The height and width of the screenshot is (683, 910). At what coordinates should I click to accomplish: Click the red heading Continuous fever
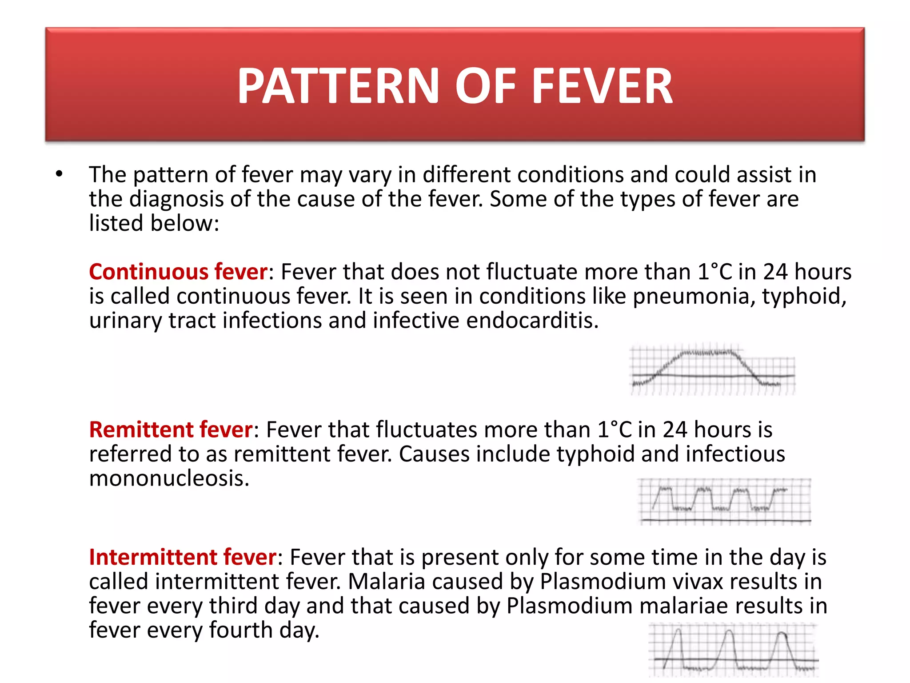tap(178, 272)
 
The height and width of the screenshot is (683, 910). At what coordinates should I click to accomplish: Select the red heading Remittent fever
tap(171, 430)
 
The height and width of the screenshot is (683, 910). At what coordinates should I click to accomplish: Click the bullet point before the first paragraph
tap(59, 174)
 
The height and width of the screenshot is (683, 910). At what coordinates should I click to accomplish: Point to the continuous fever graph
tap(712, 369)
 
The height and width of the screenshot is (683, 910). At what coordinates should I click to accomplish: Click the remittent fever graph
tap(724, 502)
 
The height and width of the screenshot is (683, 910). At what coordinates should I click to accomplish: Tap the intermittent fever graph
tap(733, 650)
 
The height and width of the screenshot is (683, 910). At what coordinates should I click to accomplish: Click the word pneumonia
tap(694, 297)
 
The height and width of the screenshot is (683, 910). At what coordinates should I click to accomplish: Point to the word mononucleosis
tap(169, 478)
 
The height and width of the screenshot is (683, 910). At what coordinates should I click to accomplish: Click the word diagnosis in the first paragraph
tap(176, 199)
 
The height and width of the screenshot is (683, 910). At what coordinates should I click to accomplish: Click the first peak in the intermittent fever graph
tap(677, 631)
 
